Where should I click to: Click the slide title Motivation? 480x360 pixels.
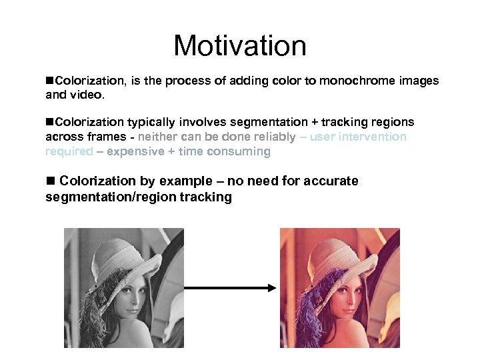tap(240, 46)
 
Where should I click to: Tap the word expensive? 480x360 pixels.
tap(134, 151)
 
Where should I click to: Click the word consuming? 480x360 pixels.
tap(241, 151)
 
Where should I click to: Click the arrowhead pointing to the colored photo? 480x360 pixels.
tap(271, 288)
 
